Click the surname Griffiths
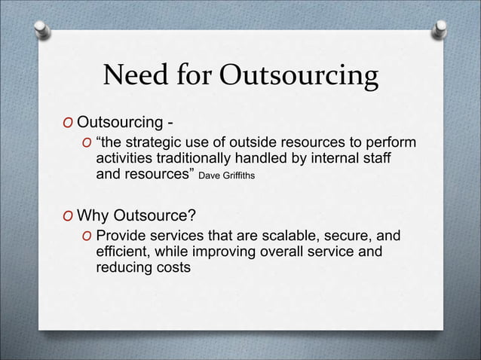(x=242, y=177)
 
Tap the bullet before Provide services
(x=87, y=237)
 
